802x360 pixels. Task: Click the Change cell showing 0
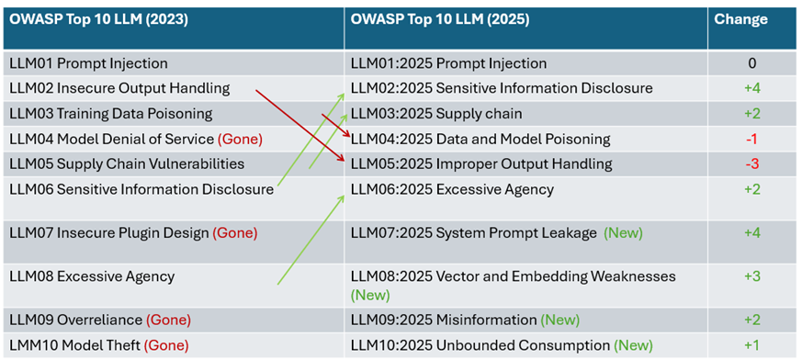point(751,63)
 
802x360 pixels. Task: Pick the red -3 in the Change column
point(751,164)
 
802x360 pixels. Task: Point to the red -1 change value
point(751,139)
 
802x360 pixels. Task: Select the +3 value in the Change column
point(751,276)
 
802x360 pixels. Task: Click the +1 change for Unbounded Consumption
point(751,345)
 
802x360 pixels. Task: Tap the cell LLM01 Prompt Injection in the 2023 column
point(88,63)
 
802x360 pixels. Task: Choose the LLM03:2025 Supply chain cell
point(436,114)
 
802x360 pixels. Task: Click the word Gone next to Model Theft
point(166,345)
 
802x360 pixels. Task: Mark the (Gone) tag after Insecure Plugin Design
point(234,233)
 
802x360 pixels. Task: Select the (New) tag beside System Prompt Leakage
point(623,233)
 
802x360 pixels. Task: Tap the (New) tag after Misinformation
point(560,321)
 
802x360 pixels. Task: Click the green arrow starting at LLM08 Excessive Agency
point(311,239)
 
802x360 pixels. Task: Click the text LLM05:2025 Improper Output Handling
point(481,164)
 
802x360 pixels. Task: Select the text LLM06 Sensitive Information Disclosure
point(141,190)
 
